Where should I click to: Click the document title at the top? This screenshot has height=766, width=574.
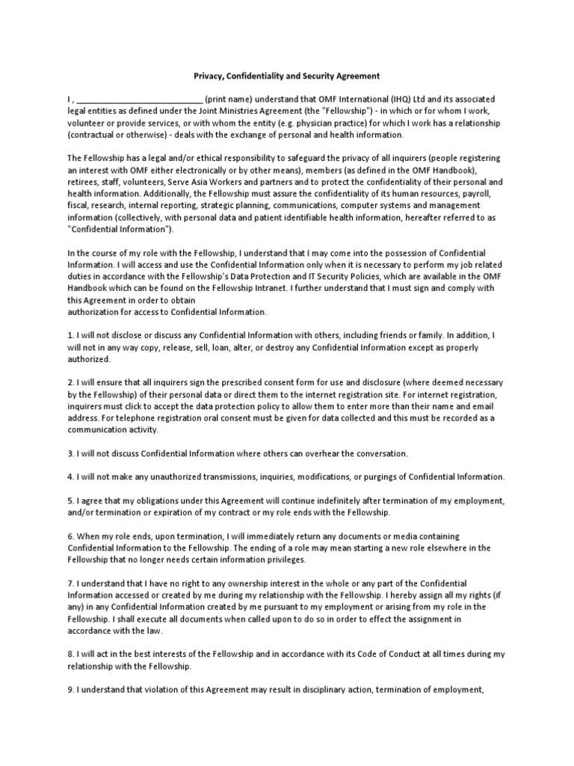pos(287,76)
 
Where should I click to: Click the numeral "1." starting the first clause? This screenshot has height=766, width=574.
pos(71,336)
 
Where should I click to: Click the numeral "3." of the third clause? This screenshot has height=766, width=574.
pos(71,453)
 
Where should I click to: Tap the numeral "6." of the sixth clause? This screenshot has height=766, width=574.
pos(71,536)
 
